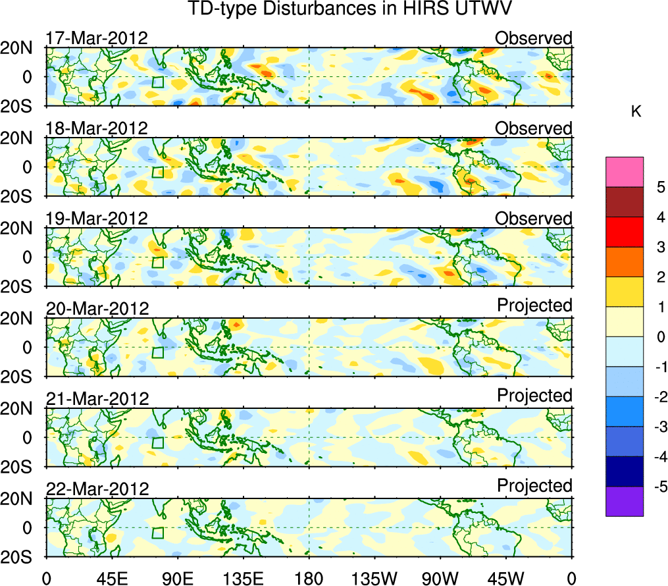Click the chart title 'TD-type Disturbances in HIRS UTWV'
point(309,10)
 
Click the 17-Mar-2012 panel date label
point(97,38)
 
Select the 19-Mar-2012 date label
point(97,219)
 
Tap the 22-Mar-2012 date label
point(97,489)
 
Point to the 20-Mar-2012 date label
point(97,308)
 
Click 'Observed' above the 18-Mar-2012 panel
point(534,128)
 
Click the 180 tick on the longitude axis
point(309,577)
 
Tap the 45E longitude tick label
point(111,577)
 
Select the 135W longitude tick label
point(374,577)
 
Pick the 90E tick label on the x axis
point(177,577)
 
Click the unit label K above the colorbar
point(636,112)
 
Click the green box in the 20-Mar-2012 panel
point(157,352)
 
